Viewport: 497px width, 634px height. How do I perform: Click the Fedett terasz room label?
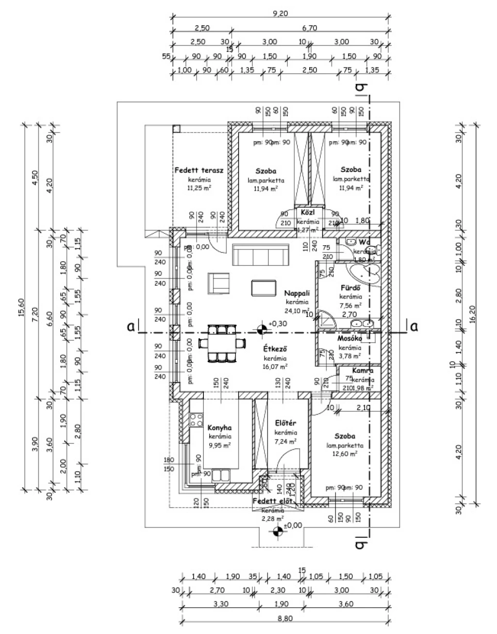coord(199,170)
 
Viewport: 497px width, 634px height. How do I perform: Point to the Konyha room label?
coord(219,428)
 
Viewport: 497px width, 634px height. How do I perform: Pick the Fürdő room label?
coord(349,287)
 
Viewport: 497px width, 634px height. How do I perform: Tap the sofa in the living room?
coord(261,254)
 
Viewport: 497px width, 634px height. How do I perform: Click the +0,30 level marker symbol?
coord(262,329)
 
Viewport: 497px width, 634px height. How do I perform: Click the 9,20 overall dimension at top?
coord(281,14)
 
